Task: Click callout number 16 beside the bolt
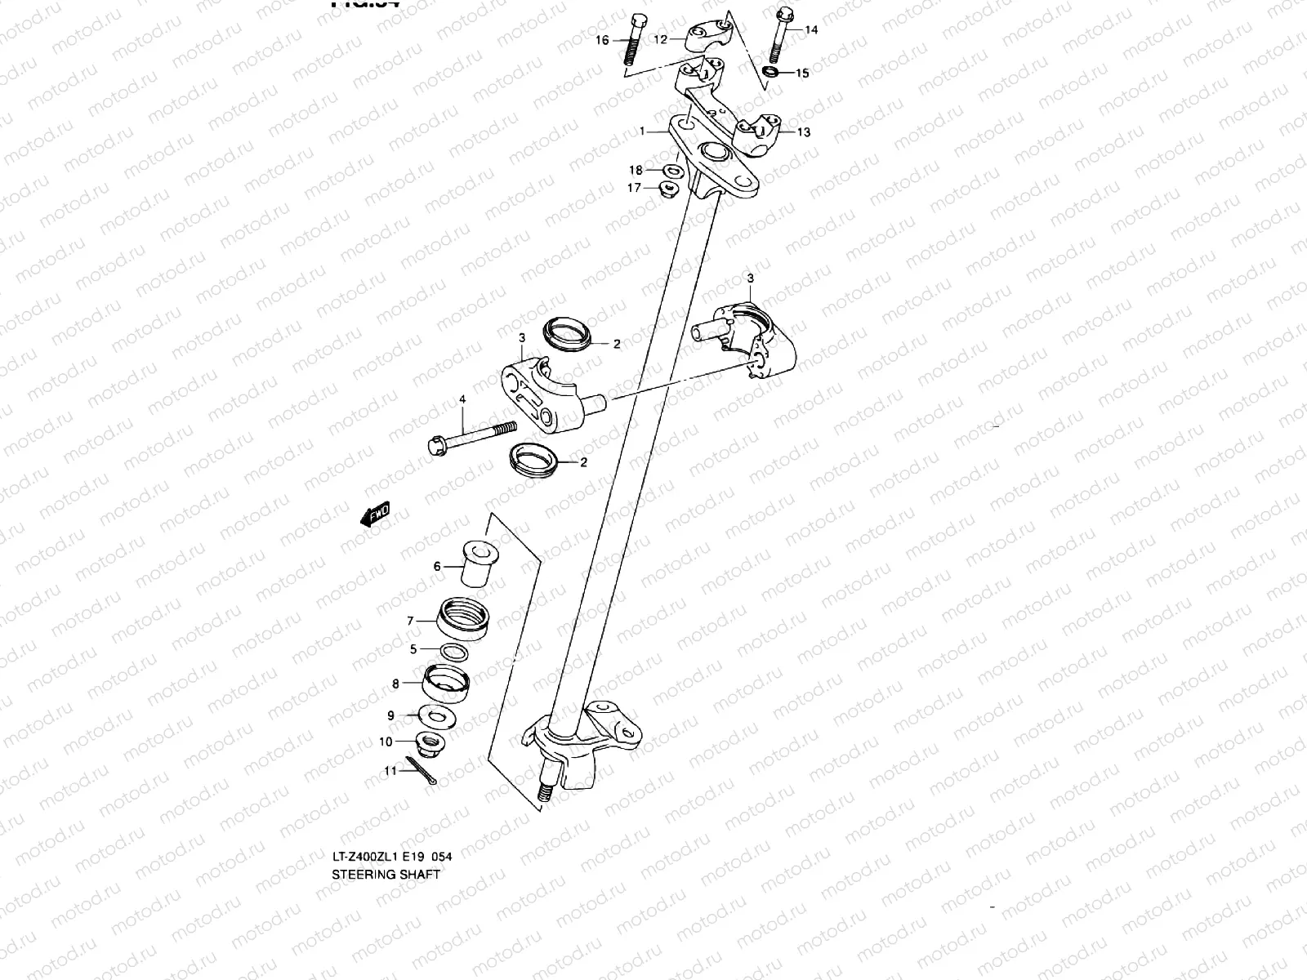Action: pyautogui.click(x=602, y=40)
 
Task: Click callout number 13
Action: pyautogui.click(x=804, y=132)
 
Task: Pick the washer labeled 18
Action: pyautogui.click(x=674, y=171)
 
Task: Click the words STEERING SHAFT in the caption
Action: pyautogui.click(x=386, y=874)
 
